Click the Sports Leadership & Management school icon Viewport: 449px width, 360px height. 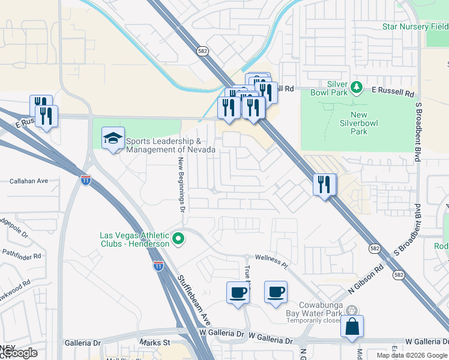(x=113, y=139)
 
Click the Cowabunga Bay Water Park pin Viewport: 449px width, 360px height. (x=352, y=311)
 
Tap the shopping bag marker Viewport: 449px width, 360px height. (x=352, y=328)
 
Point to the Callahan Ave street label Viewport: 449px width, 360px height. (x=29, y=181)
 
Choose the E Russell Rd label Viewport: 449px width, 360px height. (x=393, y=94)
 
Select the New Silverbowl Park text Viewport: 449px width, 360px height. (x=367, y=123)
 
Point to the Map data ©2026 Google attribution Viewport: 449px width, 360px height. (x=412, y=355)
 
